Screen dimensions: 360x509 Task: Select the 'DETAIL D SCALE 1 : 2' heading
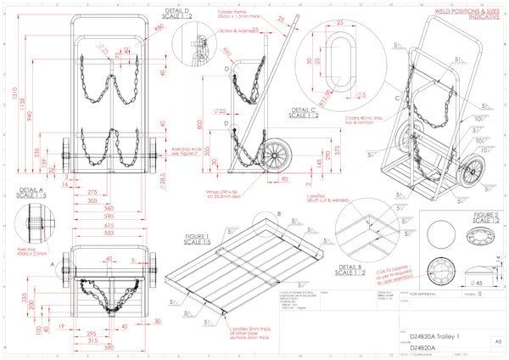[178, 13]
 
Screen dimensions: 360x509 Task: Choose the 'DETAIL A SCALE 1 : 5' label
[28, 191]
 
